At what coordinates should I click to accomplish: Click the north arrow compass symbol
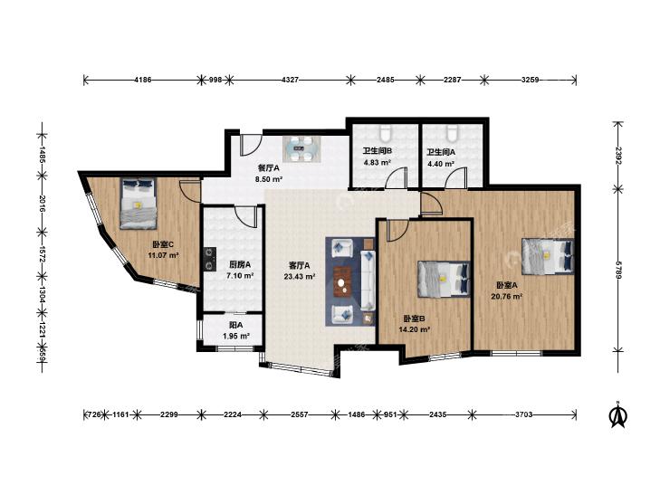[618, 415]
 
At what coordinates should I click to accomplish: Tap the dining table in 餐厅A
[302, 149]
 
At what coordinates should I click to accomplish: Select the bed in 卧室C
[138, 203]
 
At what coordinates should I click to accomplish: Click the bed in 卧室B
[444, 279]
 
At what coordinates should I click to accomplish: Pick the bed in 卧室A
[547, 256]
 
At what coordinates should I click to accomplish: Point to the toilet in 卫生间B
[386, 133]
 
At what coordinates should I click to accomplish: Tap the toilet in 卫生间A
[453, 133]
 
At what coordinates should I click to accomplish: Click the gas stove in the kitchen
[209, 259]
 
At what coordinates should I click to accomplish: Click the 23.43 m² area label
[300, 276]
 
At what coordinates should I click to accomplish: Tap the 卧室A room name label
[507, 286]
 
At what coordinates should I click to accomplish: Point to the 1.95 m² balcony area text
[235, 336]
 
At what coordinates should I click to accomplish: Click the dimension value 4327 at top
[290, 80]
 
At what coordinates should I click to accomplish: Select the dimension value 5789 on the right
[618, 270]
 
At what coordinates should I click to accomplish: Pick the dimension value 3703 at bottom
[523, 414]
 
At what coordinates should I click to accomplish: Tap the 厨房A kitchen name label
[240, 265]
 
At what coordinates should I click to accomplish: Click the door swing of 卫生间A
[456, 176]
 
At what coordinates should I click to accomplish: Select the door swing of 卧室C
[189, 192]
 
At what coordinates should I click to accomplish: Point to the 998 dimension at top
[215, 80]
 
